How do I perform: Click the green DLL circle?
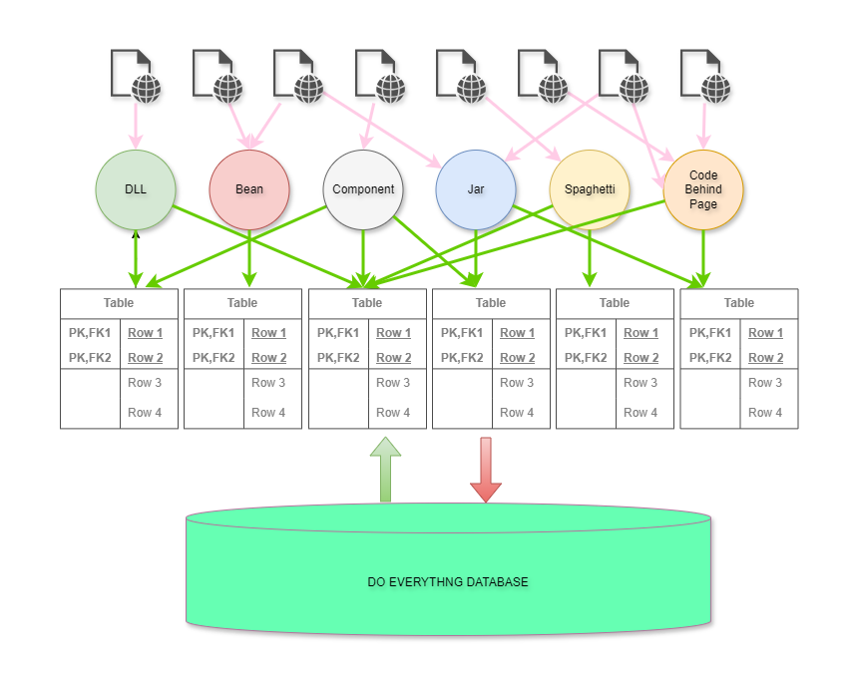point(136,189)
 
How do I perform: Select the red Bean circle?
point(249,189)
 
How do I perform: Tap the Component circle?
point(363,189)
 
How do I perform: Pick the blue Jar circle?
point(476,189)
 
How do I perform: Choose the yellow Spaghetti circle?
point(590,189)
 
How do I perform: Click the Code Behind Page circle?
point(703,189)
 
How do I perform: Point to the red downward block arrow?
point(486,469)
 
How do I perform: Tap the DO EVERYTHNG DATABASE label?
point(448,581)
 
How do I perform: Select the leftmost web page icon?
point(134,76)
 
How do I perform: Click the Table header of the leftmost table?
point(119,303)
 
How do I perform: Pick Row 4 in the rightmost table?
point(765,412)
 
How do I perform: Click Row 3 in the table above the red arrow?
point(517,383)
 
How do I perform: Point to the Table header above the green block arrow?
point(367,303)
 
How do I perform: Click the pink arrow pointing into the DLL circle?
point(135,125)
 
